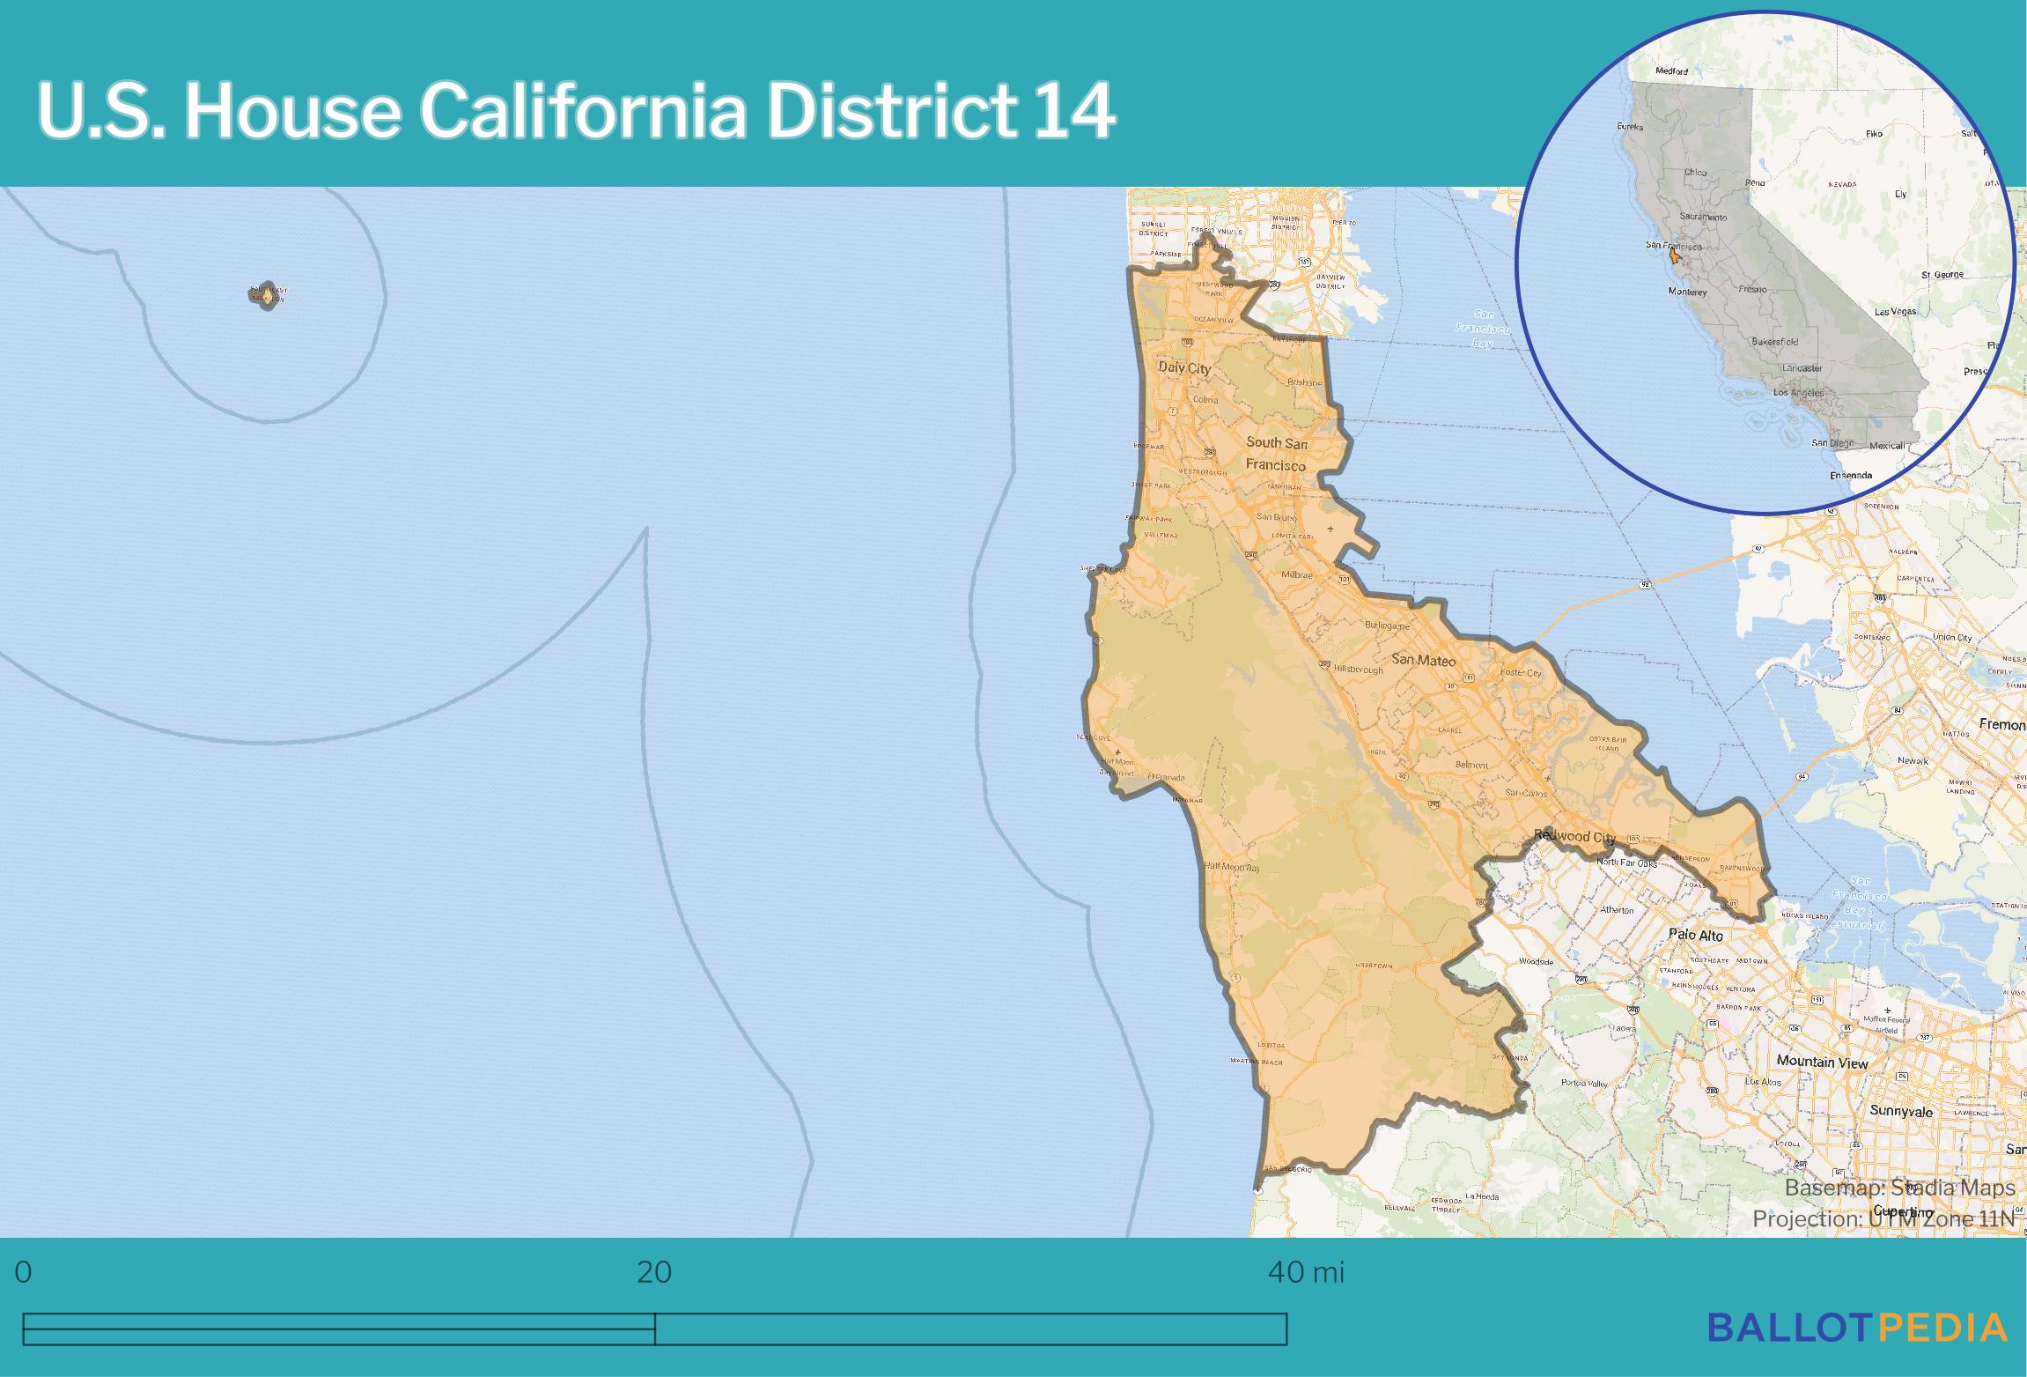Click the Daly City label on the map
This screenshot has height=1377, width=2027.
pyautogui.click(x=1184, y=368)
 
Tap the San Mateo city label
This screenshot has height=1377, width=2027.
pyautogui.click(x=1423, y=660)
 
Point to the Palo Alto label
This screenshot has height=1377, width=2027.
pyautogui.click(x=1695, y=935)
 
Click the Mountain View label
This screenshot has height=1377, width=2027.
pyautogui.click(x=1821, y=1062)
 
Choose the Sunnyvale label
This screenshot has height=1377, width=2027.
pyautogui.click(x=1900, y=1111)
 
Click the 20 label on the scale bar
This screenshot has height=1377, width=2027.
pyautogui.click(x=653, y=1273)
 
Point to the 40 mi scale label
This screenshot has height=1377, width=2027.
pyautogui.click(x=1306, y=1273)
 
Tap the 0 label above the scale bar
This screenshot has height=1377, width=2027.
pyautogui.click(x=24, y=1273)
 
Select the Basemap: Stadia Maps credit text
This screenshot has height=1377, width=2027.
pyautogui.click(x=1899, y=1188)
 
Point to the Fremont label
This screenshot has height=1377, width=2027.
pyautogui.click(x=2001, y=724)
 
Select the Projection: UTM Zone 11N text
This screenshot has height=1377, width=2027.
pyautogui.click(x=1883, y=1218)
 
